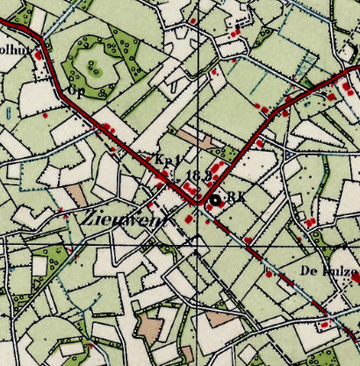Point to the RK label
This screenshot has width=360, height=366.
234,197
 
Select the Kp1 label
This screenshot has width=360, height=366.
166,161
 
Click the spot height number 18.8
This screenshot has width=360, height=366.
198,176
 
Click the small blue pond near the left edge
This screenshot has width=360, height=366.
8,112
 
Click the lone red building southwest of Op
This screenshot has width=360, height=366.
45,114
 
